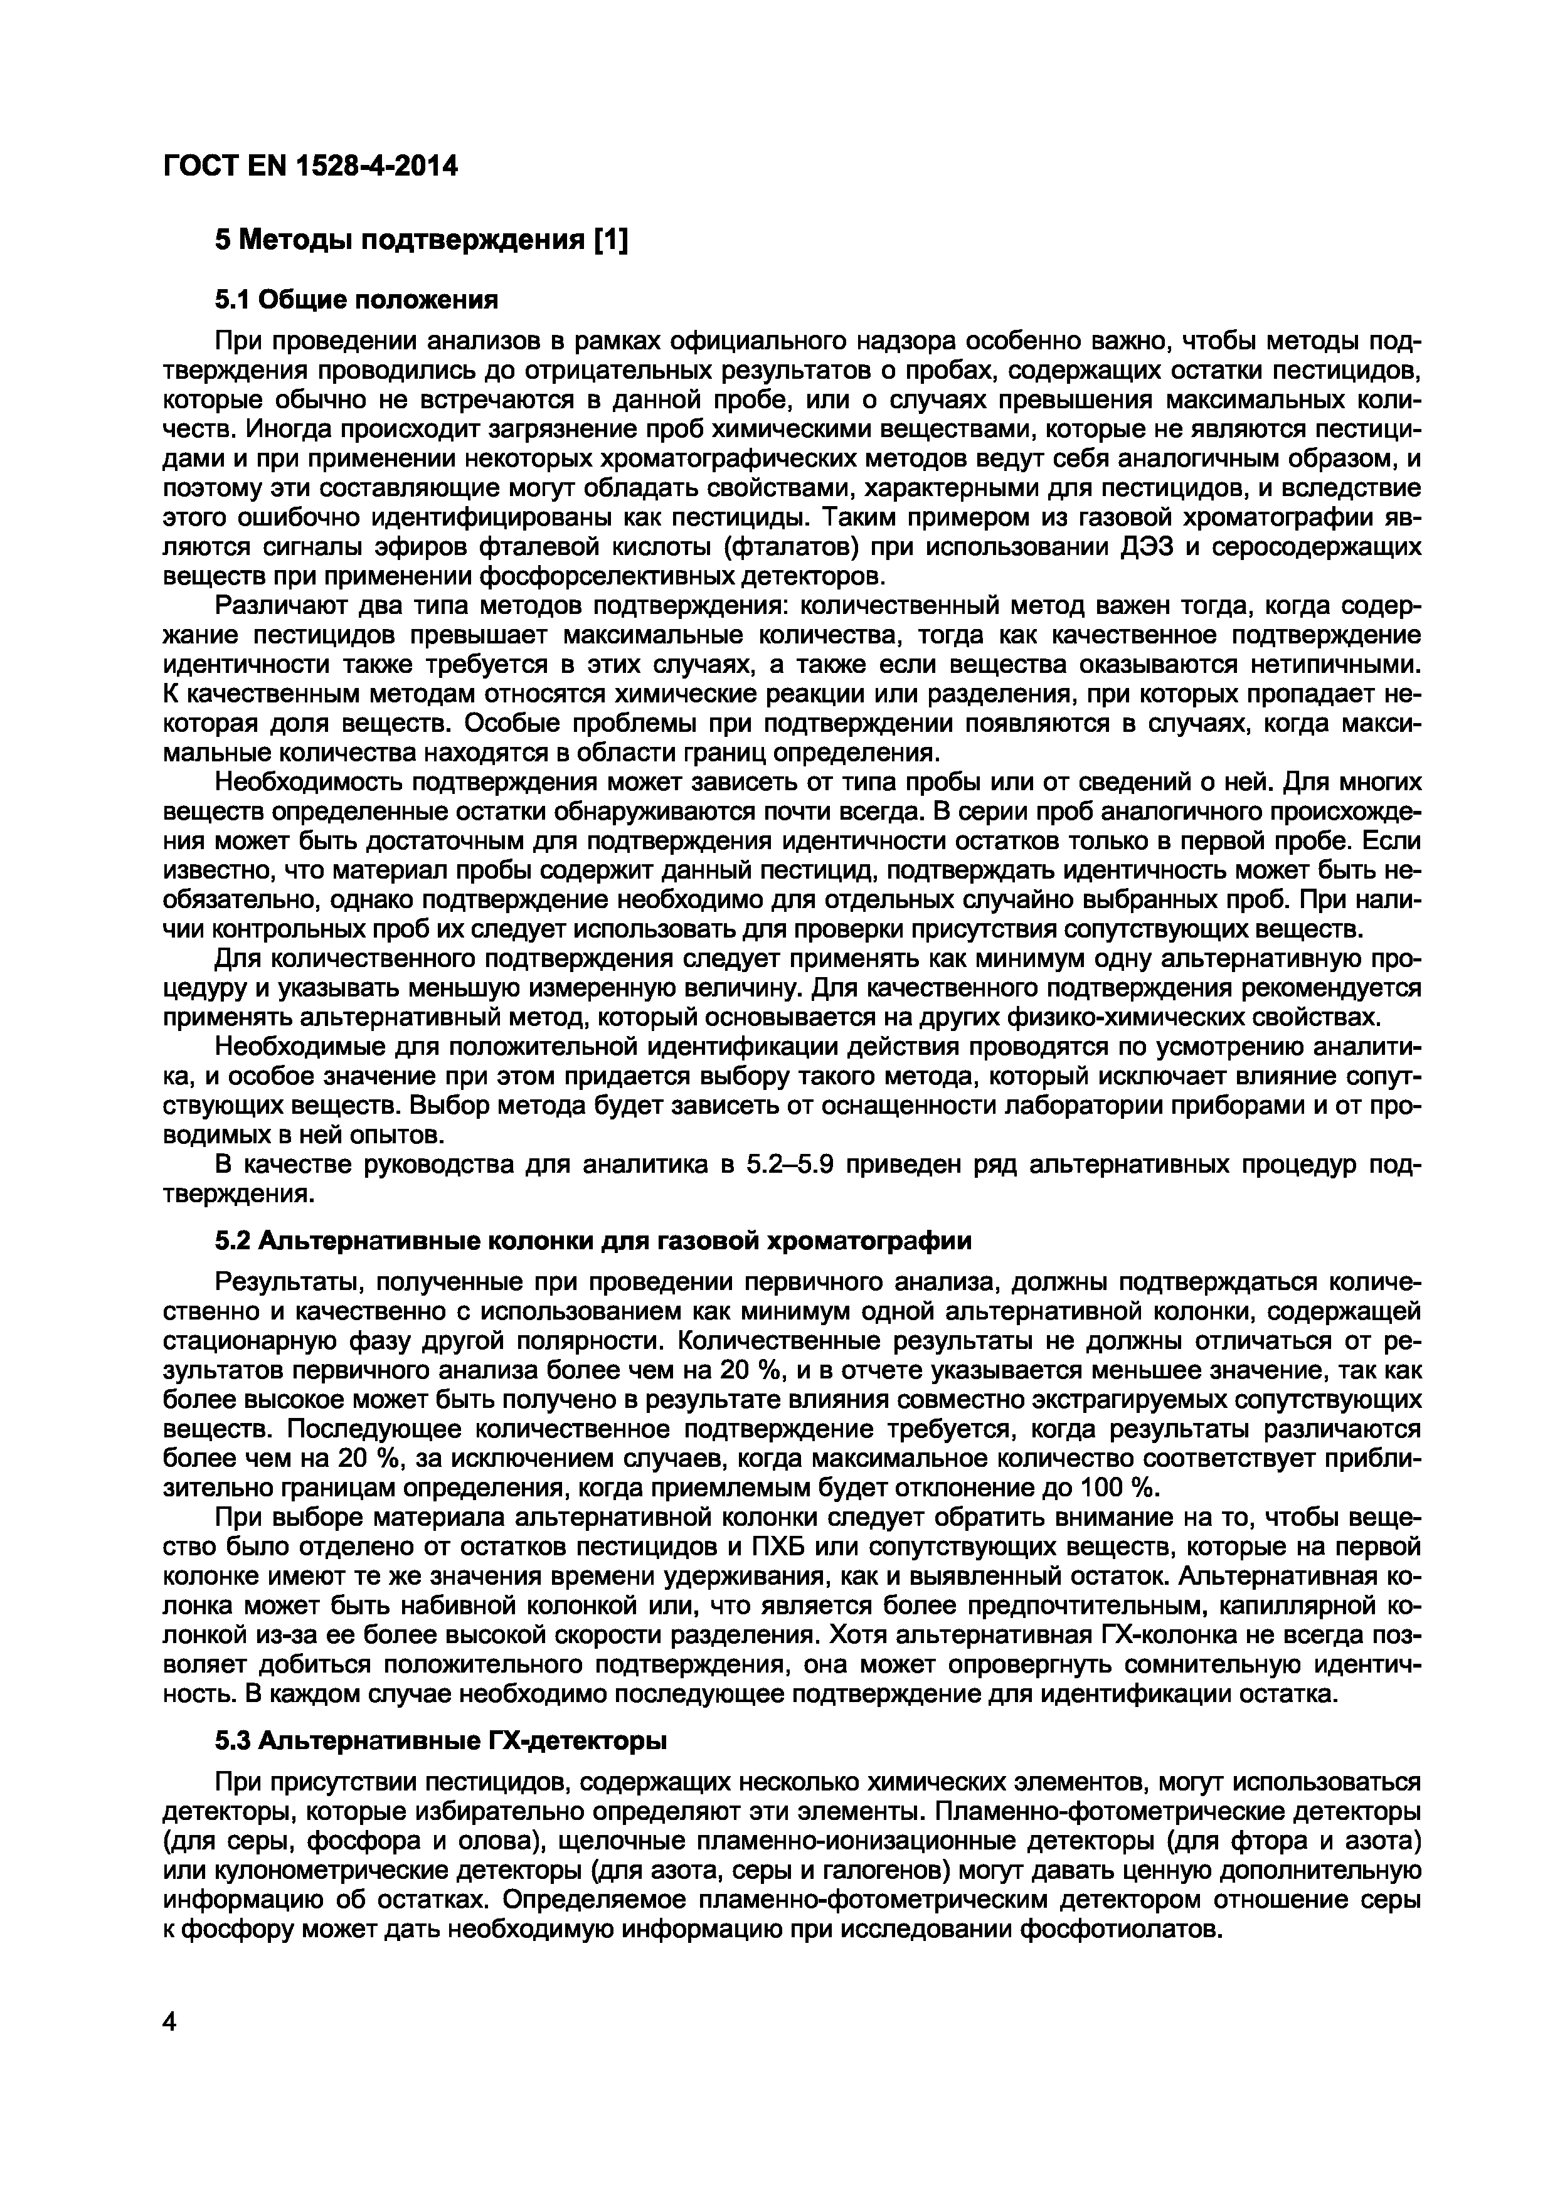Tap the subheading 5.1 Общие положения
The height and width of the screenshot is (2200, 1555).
click(x=356, y=301)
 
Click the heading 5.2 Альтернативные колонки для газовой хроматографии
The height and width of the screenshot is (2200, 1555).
click(x=593, y=1241)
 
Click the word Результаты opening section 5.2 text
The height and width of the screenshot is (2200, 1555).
click(x=281, y=1282)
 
